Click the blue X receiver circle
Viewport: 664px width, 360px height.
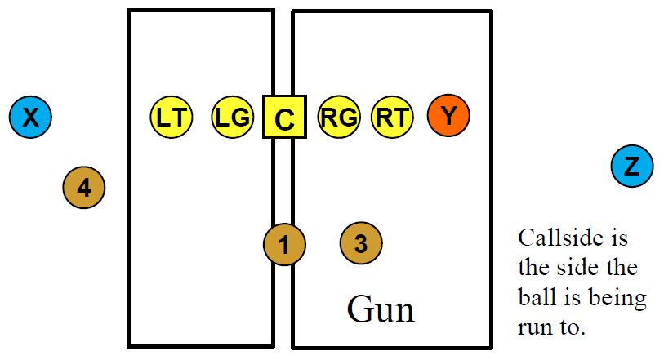point(30,117)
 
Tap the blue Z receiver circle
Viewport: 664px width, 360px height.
point(632,167)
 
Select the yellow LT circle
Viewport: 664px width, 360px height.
point(171,117)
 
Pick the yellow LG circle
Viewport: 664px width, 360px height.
point(232,117)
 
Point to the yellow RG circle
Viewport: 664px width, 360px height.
point(339,117)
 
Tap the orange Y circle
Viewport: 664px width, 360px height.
point(448,117)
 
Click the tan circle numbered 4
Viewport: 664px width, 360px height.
point(84,188)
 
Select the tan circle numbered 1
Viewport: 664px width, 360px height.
point(284,243)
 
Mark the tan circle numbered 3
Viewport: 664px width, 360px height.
point(361,242)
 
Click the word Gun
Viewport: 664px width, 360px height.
point(380,309)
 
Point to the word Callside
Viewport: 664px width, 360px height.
point(562,238)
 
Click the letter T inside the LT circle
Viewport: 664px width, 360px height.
point(179,118)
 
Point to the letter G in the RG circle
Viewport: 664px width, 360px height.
point(347,118)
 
